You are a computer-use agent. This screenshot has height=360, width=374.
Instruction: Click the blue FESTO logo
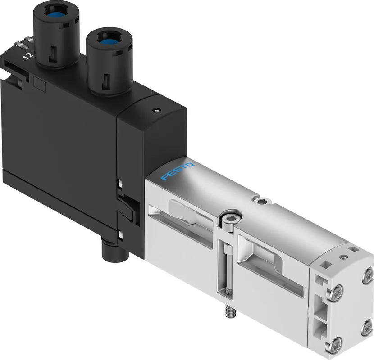tap(177, 171)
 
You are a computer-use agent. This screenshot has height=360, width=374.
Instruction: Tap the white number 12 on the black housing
tap(28, 56)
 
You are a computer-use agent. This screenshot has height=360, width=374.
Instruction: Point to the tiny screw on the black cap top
tap(156, 110)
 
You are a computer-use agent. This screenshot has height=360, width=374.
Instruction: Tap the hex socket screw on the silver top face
tap(262, 201)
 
